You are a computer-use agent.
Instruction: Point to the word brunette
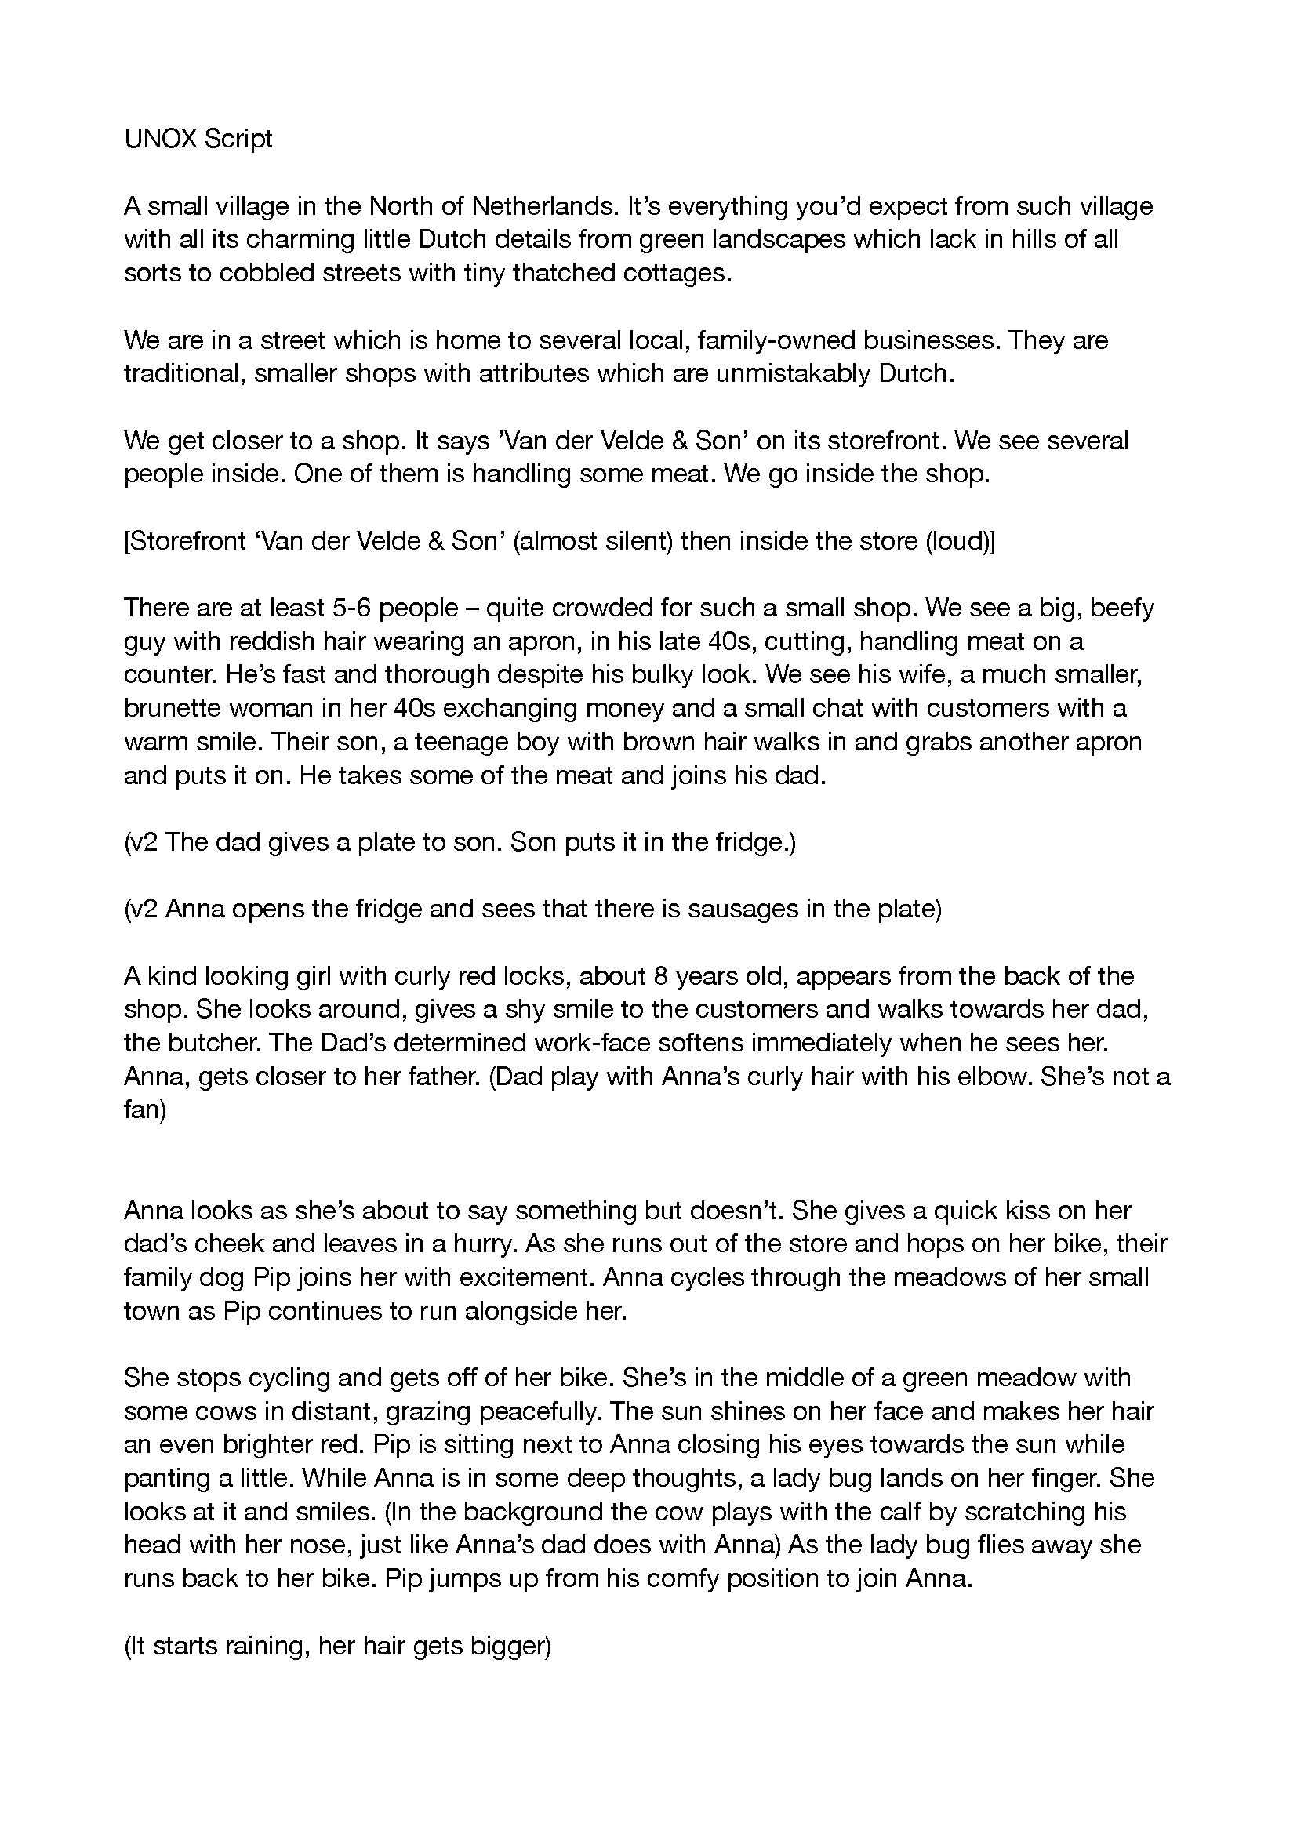point(173,709)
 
